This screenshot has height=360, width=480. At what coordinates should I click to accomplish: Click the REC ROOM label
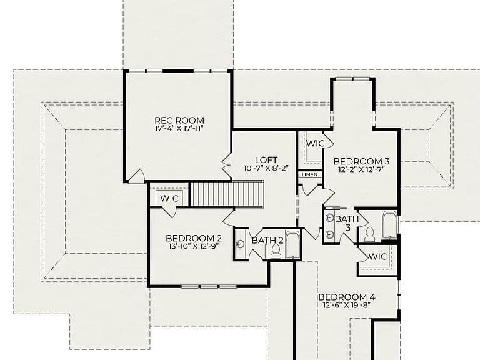(179, 120)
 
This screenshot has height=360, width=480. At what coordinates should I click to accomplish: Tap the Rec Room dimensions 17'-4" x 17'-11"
(179, 128)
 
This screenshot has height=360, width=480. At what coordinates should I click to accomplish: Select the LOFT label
(266, 160)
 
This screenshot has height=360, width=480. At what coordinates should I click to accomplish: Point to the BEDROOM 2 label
(194, 238)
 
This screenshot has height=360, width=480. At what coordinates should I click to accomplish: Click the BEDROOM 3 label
(361, 161)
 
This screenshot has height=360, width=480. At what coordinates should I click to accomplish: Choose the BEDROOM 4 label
(347, 297)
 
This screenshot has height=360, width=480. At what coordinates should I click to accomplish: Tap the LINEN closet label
(310, 174)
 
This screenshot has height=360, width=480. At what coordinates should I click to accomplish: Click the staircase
(227, 194)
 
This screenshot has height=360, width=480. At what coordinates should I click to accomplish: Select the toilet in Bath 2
(276, 252)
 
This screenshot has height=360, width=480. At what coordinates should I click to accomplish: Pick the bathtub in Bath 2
(293, 245)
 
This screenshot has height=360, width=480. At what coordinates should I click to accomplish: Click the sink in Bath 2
(241, 244)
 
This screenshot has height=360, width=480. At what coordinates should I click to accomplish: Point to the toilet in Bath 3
(370, 234)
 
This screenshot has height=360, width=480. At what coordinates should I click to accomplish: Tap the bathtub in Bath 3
(389, 225)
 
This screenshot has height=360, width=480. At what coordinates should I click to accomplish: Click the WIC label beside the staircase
(169, 198)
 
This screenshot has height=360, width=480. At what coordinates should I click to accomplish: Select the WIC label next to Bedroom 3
(315, 143)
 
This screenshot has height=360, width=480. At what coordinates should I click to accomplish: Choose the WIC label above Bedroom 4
(377, 256)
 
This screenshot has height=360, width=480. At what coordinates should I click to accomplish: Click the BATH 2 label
(268, 241)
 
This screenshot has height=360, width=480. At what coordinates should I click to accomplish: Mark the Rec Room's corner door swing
(137, 177)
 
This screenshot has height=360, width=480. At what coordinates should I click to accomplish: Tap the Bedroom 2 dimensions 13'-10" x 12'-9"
(194, 246)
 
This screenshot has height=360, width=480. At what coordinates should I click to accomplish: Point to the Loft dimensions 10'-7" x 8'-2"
(266, 168)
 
